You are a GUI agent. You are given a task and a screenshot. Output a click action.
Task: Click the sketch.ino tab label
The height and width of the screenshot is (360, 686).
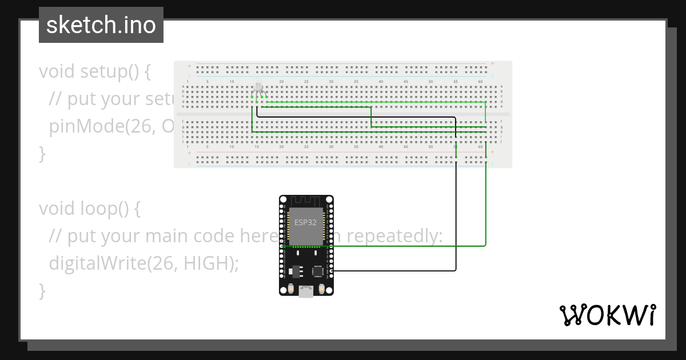(x=101, y=25)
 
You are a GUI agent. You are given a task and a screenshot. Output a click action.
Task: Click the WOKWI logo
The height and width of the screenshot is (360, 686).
(x=607, y=315)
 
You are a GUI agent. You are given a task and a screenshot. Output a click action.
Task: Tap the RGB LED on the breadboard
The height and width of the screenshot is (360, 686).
(x=259, y=87)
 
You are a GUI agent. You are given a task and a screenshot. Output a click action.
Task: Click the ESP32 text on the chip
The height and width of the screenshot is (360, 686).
(x=305, y=223)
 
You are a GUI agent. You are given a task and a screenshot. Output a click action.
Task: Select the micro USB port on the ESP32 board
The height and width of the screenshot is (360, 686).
(x=306, y=293)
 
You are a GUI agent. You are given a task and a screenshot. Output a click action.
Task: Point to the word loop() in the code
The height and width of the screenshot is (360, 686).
(x=109, y=209)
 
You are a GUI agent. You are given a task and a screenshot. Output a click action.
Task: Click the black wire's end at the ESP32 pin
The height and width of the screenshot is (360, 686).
(x=331, y=270)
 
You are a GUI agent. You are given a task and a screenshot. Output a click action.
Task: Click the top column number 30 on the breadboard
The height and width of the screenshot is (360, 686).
(x=331, y=82)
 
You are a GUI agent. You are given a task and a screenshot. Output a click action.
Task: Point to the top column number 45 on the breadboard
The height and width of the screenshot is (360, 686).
(x=406, y=82)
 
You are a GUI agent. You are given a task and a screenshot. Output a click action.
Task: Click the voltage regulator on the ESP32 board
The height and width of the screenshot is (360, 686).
(x=295, y=270)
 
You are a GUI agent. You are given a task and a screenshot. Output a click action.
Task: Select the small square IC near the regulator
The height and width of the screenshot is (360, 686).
(x=317, y=271)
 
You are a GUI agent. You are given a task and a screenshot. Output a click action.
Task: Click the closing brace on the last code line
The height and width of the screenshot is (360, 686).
(x=42, y=291)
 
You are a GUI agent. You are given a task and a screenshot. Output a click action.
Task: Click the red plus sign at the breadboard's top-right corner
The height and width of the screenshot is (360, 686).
(x=493, y=63)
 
